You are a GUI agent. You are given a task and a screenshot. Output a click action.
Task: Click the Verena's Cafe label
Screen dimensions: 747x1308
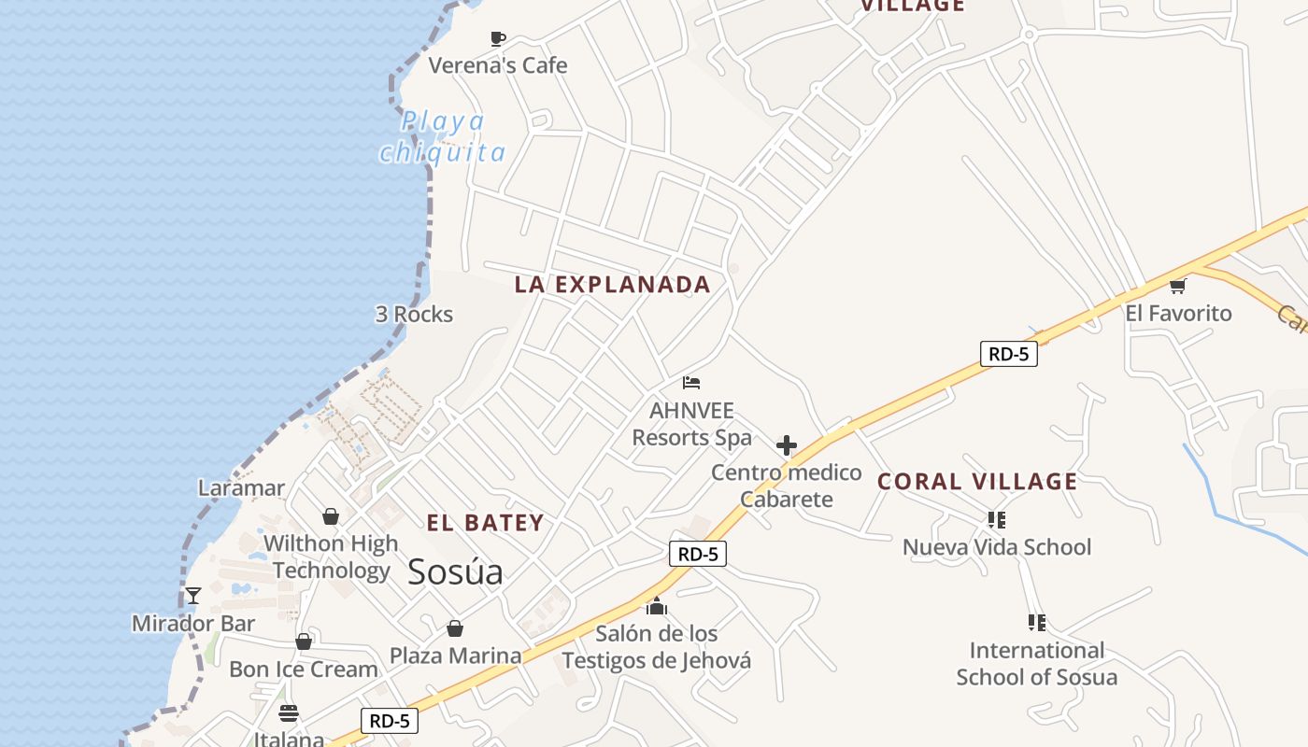pyautogui.click(x=498, y=65)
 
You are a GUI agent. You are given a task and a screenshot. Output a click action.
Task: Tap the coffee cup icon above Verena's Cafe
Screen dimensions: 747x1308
pyautogui.click(x=498, y=38)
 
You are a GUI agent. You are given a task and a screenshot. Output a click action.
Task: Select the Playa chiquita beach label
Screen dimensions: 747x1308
pyautogui.click(x=442, y=136)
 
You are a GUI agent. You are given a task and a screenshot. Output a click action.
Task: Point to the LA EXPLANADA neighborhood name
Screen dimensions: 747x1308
pyautogui.click(x=613, y=285)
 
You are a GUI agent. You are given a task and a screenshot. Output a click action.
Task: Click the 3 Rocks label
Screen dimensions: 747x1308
pyautogui.click(x=414, y=314)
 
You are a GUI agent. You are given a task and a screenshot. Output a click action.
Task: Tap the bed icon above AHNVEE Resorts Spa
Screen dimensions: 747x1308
pyautogui.click(x=691, y=383)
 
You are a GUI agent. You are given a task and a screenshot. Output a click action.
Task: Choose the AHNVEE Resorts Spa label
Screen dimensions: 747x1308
pyautogui.click(x=691, y=424)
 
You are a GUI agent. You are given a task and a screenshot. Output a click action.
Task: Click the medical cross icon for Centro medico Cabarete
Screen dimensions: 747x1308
pyautogui.click(x=787, y=445)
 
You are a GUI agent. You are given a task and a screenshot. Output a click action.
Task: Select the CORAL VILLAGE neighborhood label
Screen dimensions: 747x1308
pyautogui.click(x=977, y=482)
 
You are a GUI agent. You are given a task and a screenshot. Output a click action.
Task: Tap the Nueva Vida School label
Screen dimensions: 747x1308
pyautogui.click(x=996, y=547)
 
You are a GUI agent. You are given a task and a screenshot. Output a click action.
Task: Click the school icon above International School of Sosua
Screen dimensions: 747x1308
pyautogui.click(x=1036, y=622)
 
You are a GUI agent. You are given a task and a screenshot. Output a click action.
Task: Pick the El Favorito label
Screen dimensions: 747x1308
pyautogui.click(x=1178, y=314)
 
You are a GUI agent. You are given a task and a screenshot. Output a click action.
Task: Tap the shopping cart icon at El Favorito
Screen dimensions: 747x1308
pyautogui.click(x=1178, y=286)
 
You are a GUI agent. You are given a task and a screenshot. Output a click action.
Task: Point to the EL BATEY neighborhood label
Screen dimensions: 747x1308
pyautogui.click(x=485, y=523)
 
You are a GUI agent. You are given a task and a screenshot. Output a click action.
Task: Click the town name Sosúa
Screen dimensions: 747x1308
pyautogui.click(x=455, y=571)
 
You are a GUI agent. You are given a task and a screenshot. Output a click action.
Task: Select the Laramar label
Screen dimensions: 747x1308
pyautogui.click(x=241, y=487)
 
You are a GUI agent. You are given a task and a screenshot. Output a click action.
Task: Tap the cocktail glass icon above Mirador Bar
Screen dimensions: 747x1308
pyautogui.click(x=193, y=596)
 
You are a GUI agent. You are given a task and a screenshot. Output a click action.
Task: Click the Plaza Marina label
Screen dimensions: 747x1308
pyautogui.click(x=455, y=655)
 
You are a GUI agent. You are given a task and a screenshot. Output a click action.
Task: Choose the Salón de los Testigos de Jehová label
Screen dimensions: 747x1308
pyautogui.click(x=656, y=647)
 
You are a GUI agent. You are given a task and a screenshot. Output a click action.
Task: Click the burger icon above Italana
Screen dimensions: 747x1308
pyautogui.click(x=289, y=713)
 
